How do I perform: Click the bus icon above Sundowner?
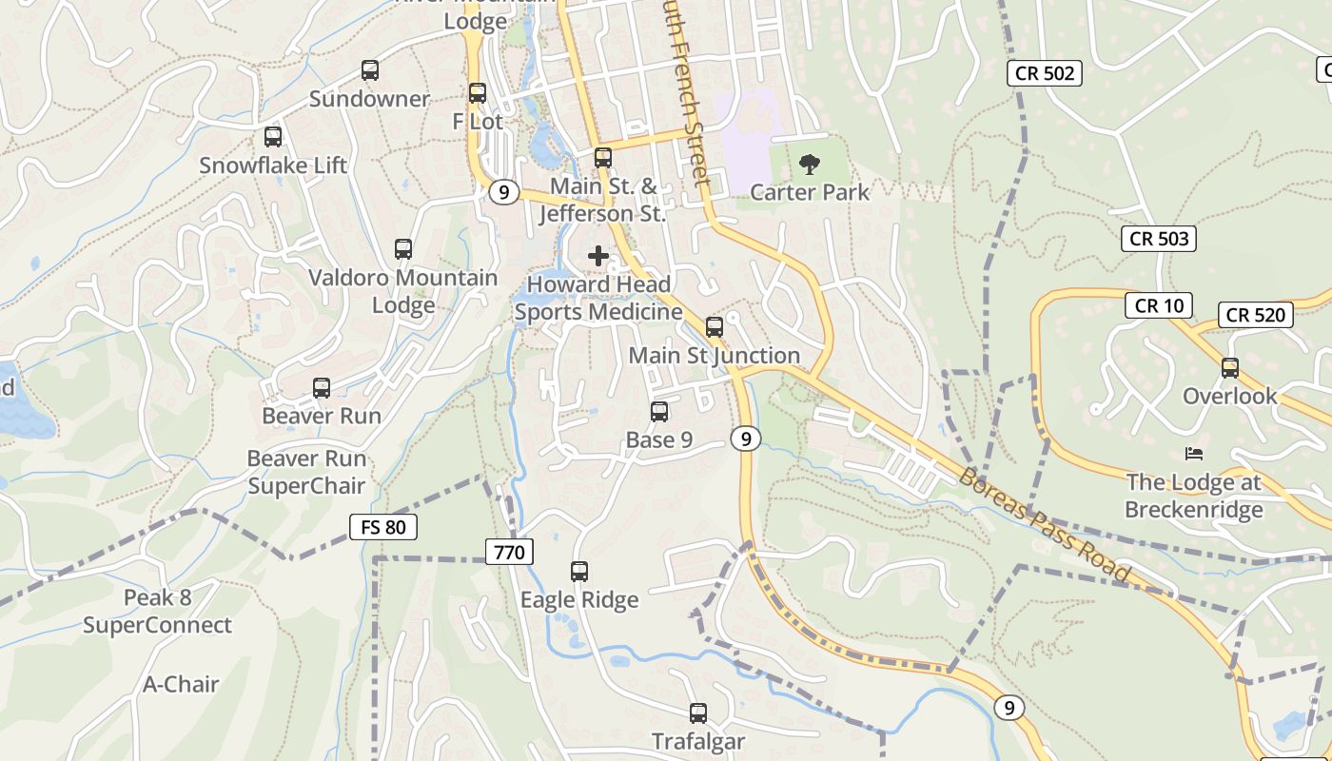pyautogui.click(x=370, y=69)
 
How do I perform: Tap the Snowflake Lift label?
pyautogui.click(x=273, y=166)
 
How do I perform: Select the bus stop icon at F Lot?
pyautogui.click(x=478, y=93)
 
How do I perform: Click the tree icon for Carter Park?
pyautogui.click(x=810, y=165)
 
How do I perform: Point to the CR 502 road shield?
pyautogui.click(x=1045, y=72)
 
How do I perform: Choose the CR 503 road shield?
pyautogui.click(x=1159, y=239)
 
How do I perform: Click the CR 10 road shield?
pyautogui.click(x=1159, y=305)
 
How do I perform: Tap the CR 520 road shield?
pyautogui.click(x=1256, y=315)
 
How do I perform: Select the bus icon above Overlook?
pyautogui.click(x=1230, y=367)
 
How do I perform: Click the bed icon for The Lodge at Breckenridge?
pyautogui.click(x=1194, y=453)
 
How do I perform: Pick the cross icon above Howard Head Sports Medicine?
pyautogui.click(x=598, y=256)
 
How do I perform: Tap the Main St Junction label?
pyautogui.click(x=715, y=356)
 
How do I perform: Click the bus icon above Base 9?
pyautogui.click(x=659, y=412)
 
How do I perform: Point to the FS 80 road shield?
pyautogui.click(x=383, y=526)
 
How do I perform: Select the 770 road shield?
pyautogui.click(x=509, y=552)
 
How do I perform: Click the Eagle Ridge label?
pyautogui.click(x=579, y=600)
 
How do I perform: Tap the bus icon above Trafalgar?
pyautogui.click(x=698, y=712)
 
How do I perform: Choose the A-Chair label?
pyautogui.click(x=181, y=684)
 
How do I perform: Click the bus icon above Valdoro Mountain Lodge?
pyautogui.click(x=403, y=249)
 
